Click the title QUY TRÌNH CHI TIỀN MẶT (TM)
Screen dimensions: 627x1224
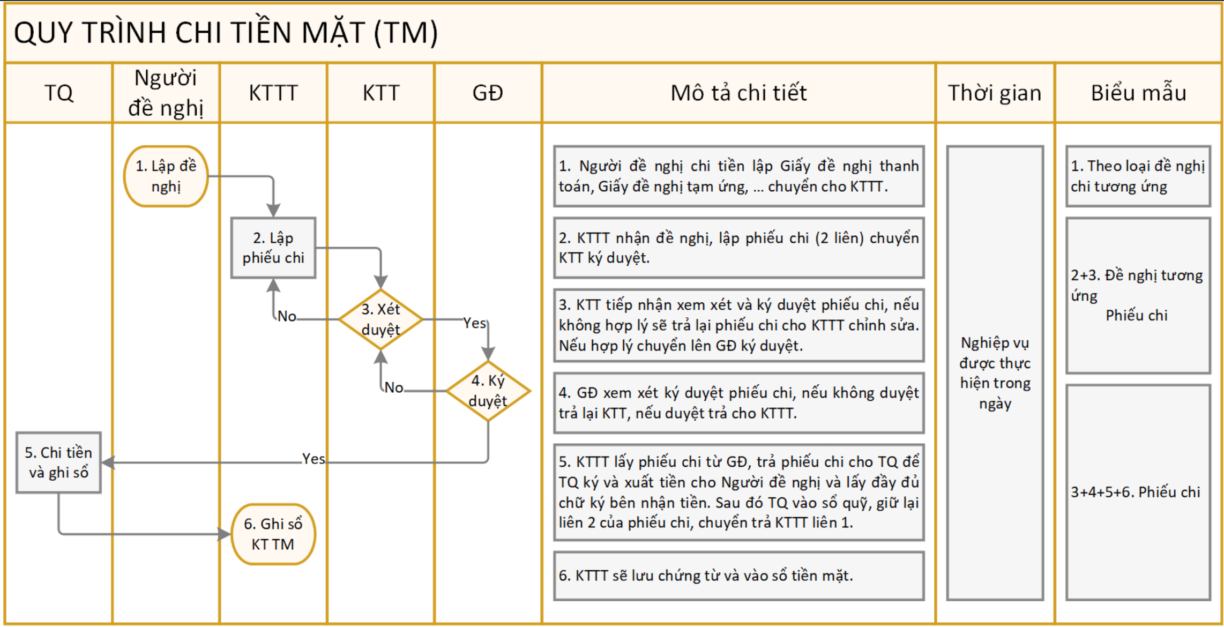pyautogui.click(x=226, y=33)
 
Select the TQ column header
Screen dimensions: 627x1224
pyautogui.click(x=58, y=93)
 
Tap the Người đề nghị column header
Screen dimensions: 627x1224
pyautogui.click(x=166, y=93)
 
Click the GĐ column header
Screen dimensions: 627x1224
pyautogui.click(x=488, y=93)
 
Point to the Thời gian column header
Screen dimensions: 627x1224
pyautogui.click(x=995, y=93)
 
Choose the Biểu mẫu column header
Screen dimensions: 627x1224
pyautogui.click(x=1138, y=93)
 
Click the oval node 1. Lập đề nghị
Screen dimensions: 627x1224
pyautogui.click(x=166, y=176)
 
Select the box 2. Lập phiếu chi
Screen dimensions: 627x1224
pyautogui.click(x=273, y=248)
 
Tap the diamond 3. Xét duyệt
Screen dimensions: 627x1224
pyautogui.click(x=380, y=319)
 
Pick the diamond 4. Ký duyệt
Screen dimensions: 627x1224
pyautogui.click(x=488, y=391)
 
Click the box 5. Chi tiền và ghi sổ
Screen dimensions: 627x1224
pyautogui.click(x=58, y=462)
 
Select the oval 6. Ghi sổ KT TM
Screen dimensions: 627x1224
pyautogui.click(x=273, y=534)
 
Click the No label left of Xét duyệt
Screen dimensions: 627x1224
pyautogui.click(x=287, y=316)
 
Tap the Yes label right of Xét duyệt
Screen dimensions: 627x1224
pyautogui.click(x=474, y=323)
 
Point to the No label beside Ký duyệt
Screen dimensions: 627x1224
pyautogui.click(x=394, y=387)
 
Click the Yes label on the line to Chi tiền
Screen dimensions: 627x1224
pyautogui.click(x=313, y=459)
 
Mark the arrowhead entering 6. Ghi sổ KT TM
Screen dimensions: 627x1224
pyautogui.click(x=225, y=534)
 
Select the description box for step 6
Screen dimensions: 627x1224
pyautogui.click(x=738, y=576)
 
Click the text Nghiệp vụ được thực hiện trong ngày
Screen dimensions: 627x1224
pyautogui.click(x=995, y=373)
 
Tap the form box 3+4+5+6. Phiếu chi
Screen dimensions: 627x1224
pyautogui.click(x=1138, y=492)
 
